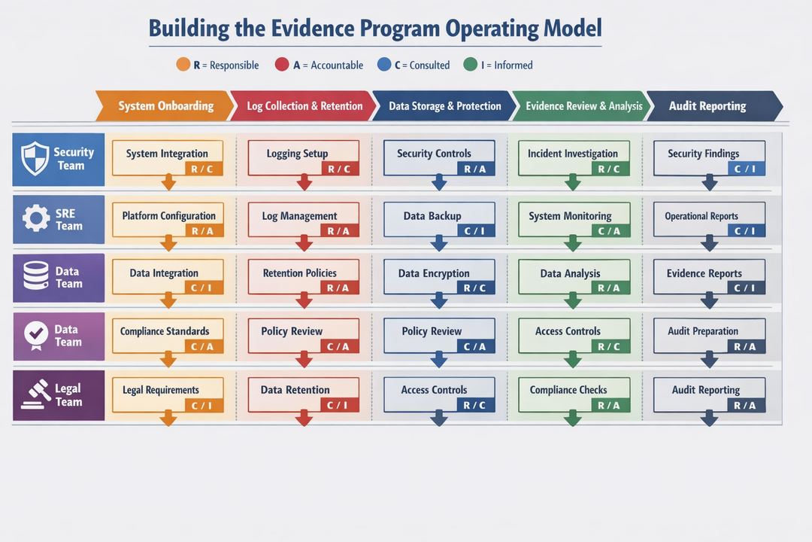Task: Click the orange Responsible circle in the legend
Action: coord(183,65)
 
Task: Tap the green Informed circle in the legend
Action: coord(471,65)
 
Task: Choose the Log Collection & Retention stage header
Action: coord(302,106)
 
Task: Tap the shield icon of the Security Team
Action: coord(35,159)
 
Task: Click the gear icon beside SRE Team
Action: coord(35,219)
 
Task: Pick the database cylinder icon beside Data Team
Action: coord(35,277)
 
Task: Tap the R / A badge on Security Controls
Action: coord(475,169)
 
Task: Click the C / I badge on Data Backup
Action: coord(475,231)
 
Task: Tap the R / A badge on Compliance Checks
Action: coord(610,406)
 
